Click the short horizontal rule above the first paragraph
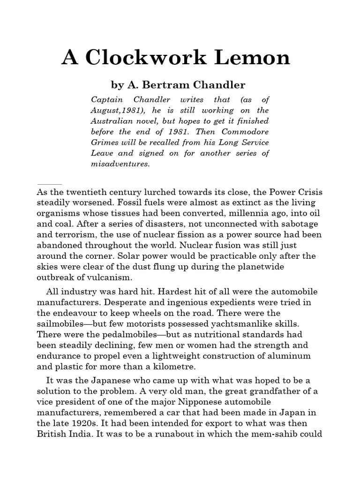pyautogui.click(x=49, y=184)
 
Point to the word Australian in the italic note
pyautogui.click(x=113, y=121)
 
